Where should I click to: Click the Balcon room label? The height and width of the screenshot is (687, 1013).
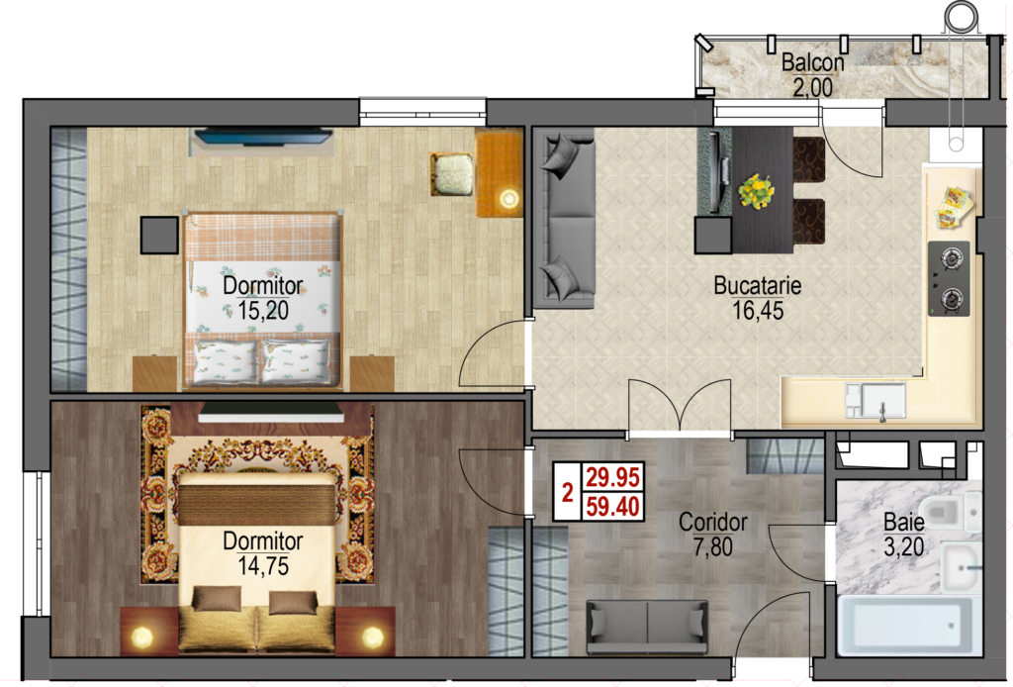click(x=812, y=62)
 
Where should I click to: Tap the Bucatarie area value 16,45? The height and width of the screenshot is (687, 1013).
click(x=758, y=310)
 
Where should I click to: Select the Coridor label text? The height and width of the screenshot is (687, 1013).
click(x=712, y=522)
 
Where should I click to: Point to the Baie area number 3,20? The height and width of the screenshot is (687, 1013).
click(x=904, y=546)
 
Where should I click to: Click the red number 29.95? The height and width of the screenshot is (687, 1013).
click(x=612, y=477)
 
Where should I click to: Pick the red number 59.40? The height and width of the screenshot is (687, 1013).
click(x=612, y=506)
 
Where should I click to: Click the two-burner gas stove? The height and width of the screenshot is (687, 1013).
click(x=949, y=278)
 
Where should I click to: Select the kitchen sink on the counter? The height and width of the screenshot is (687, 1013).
click(x=875, y=400)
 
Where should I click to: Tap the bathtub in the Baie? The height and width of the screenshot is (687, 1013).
click(x=909, y=626)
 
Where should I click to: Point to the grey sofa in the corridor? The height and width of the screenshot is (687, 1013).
click(x=647, y=627)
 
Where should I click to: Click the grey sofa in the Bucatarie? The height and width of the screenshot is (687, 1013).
click(x=563, y=218)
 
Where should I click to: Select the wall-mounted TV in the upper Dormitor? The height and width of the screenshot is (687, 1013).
click(x=263, y=137)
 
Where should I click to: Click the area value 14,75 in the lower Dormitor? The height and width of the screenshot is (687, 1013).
click(x=263, y=566)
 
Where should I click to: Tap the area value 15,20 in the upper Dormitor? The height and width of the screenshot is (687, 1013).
click(x=263, y=310)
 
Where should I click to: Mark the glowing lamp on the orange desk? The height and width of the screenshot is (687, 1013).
click(x=509, y=198)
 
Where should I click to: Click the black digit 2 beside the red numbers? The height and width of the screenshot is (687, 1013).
click(x=567, y=492)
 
